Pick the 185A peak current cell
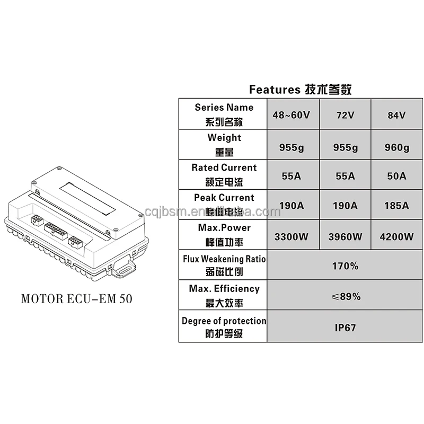[x=396, y=206]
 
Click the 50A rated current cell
[x=396, y=175]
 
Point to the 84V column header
[x=396, y=115]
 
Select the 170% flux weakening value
[x=346, y=266]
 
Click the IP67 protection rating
[x=346, y=327]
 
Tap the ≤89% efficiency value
[x=346, y=296]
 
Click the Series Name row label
[x=224, y=114]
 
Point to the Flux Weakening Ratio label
[x=224, y=266]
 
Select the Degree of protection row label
[x=224, y=326]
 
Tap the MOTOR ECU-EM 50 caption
[x=77, y=298]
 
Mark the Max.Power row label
[x=224, y=234]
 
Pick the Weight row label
[x=224, y=144]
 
